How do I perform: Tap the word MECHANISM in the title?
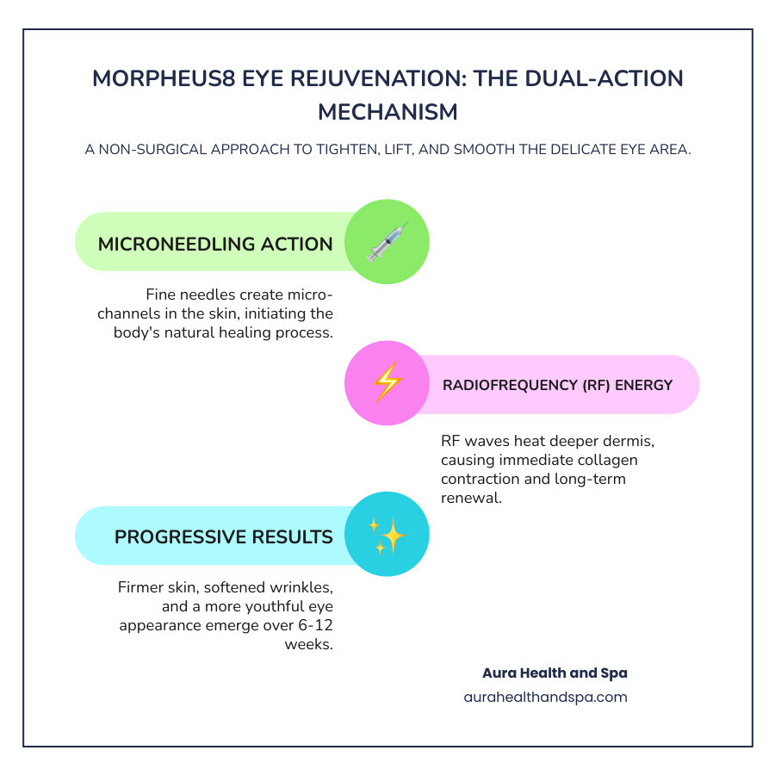(x=387, y=112)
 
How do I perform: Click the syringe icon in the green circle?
(x=387, y=242)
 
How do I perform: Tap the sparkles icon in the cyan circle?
(x=387, y=535)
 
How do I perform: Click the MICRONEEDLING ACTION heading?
(x=215, y=244)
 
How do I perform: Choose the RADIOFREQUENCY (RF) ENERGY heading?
(x=557, y=385)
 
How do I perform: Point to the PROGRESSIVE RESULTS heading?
(x=224, y=536)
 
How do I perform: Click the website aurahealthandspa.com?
(x=545, y=697)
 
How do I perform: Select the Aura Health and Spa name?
(x=555, y=673)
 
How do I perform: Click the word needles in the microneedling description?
(x=209, y=294)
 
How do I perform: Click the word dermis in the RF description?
(x=633, y=441)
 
